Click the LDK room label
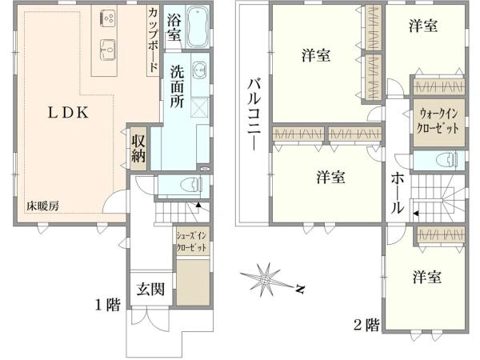(x=68, y=113)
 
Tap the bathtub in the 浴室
(x=198, y=27)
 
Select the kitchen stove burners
(x=107, y=17)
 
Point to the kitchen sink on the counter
(x=107, y=50)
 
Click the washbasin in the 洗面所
(x=201, y=70)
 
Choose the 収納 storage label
(x=138, y=148)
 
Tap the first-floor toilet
(x=191, y=186)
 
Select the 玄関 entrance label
(x=150, y=289)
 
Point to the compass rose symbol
(x=265, y=279)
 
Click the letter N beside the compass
(x=299, y=289)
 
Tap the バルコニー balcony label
(x=254, y=114)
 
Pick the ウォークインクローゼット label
(x=438, y=122)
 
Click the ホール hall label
(x=398, y=193)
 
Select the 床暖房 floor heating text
(x=42, y=206)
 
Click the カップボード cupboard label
(x=154, y=39)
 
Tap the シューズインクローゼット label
(x=192, y=242)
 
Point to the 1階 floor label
(x=108, y=305)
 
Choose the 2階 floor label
(x=366, y=325)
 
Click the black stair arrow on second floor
(x=416, y=214)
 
